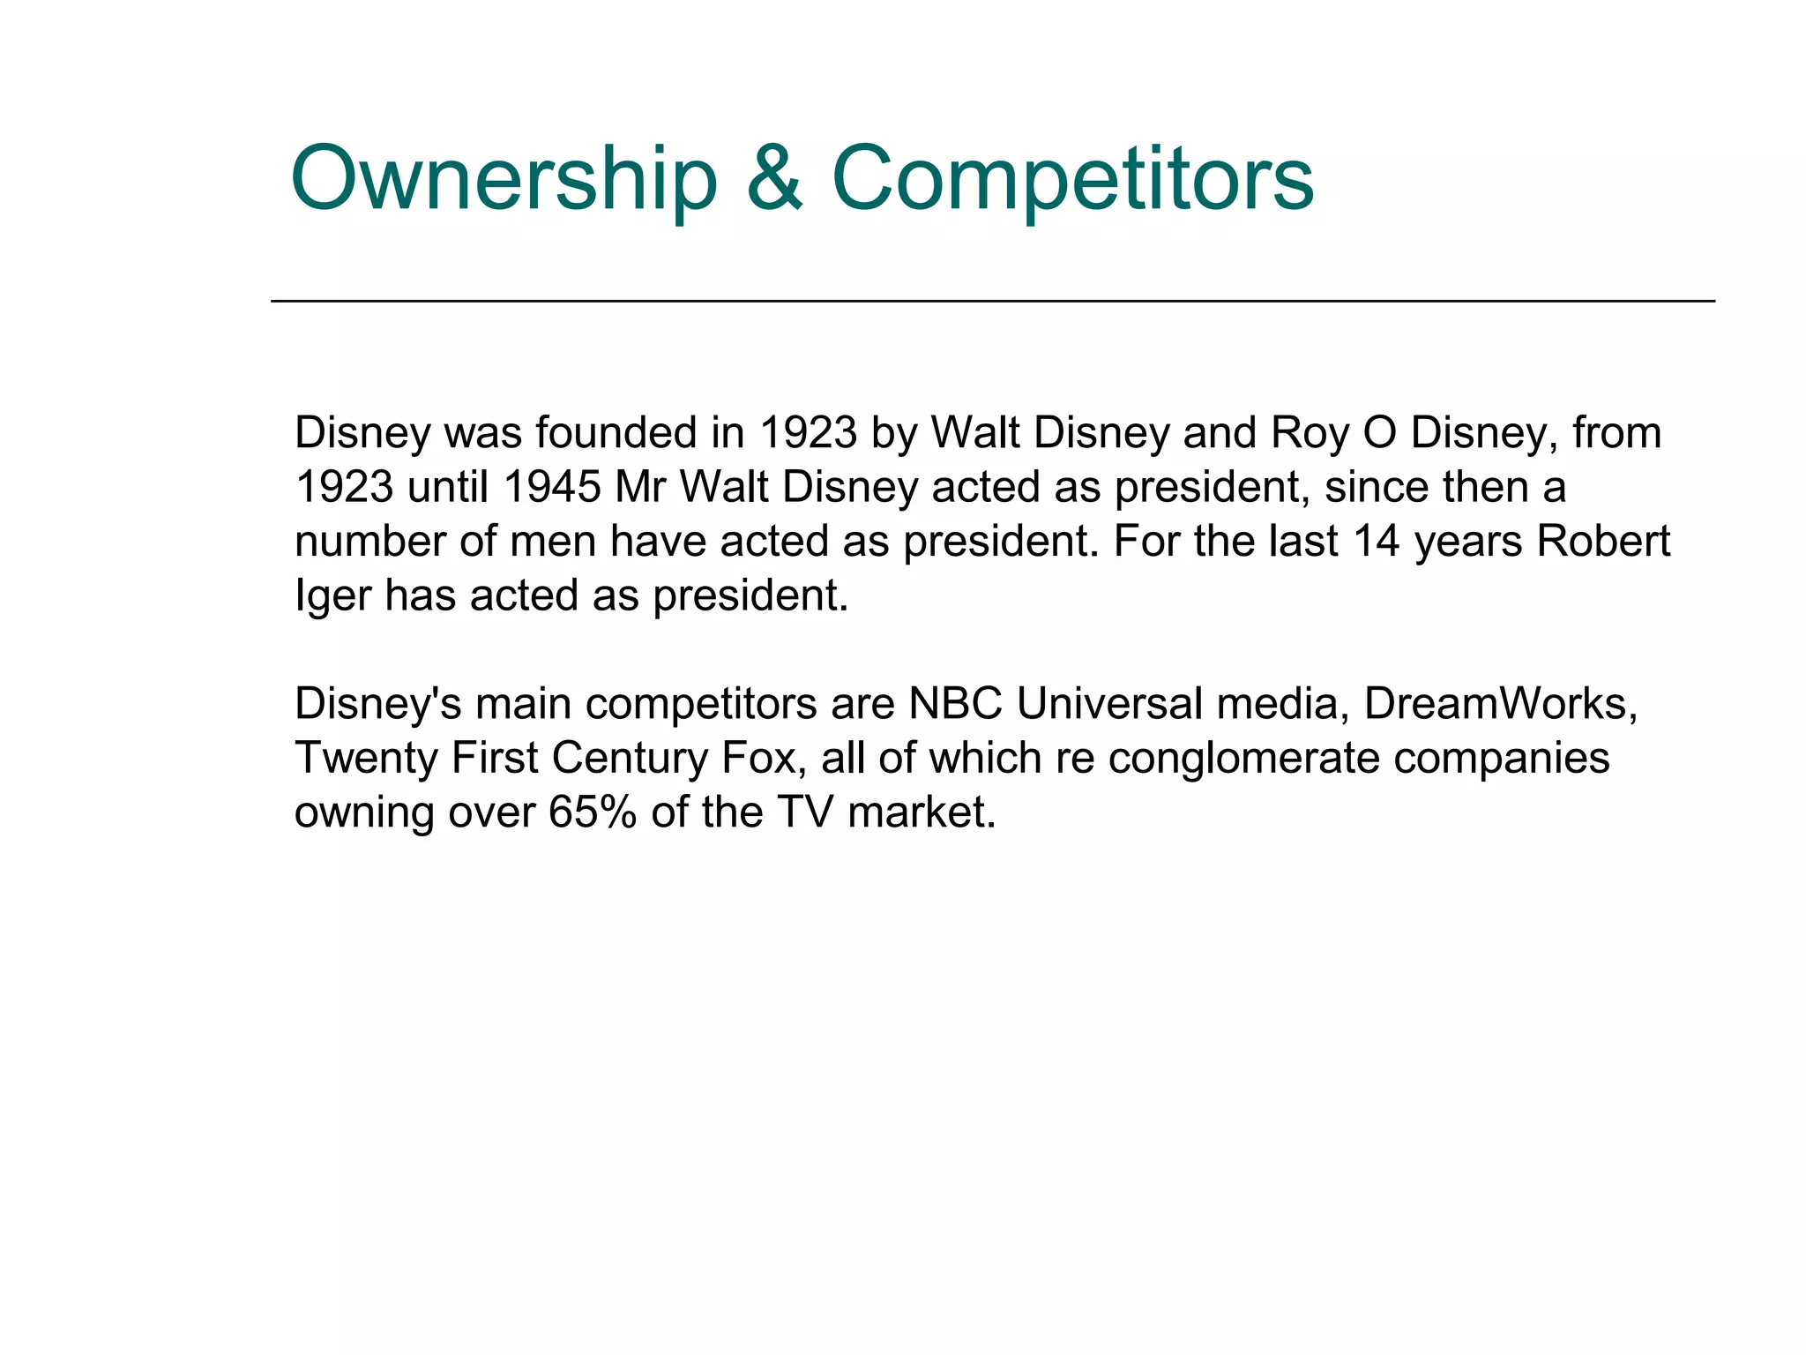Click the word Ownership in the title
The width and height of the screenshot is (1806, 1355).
point(504,180)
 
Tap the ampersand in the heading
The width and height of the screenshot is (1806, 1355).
point(774,180)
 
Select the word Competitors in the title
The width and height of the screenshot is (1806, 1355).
point(1072,180)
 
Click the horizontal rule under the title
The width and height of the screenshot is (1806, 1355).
point(992,301)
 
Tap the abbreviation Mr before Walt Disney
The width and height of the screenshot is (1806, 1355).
point(640,487)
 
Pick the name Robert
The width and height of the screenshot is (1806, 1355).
point(1603,541)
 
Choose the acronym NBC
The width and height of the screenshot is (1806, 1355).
point(956,704)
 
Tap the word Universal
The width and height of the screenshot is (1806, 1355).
point(1109,704)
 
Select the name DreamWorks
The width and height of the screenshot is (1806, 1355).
point(1500,704)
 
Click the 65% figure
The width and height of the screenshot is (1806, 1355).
point(592,812)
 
